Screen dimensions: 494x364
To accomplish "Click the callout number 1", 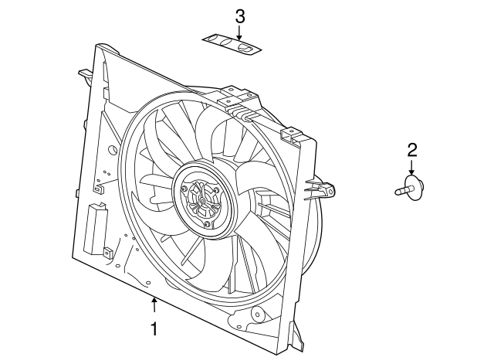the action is pos(154,329).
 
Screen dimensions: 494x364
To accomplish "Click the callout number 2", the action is pos(412,150).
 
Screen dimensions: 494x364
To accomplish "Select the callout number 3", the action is pos(240,16).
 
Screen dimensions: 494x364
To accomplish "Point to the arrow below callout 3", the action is pos(239,32).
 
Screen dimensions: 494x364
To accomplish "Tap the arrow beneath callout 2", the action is pos(411,167).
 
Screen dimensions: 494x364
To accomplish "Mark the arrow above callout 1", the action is pos(154,305).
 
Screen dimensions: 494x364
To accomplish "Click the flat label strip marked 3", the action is pos(232,44).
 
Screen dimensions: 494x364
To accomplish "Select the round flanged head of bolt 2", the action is pos(414,188).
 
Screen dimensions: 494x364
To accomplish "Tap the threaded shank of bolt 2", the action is pos(401,190).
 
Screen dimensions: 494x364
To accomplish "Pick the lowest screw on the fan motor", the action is pos(207,225).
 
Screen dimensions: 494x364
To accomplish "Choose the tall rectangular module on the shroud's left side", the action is pos(94,228).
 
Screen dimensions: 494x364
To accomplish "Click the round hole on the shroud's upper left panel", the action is pos(112,149).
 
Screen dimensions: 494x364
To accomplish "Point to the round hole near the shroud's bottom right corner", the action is pos(258,315).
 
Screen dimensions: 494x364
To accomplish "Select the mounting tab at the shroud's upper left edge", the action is pos(86,73).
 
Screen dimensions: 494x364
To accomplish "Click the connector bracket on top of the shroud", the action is pos(240,102).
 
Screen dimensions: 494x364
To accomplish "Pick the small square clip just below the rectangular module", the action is pos(108,252).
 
